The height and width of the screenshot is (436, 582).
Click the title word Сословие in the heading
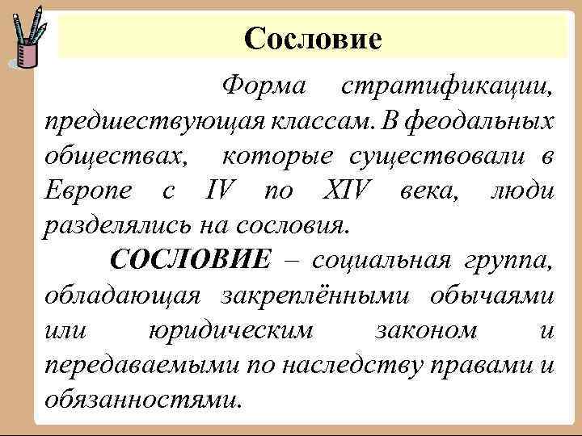[312, 37]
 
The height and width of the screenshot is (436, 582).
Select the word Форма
[263, 84]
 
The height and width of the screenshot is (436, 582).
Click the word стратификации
[448, 84]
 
